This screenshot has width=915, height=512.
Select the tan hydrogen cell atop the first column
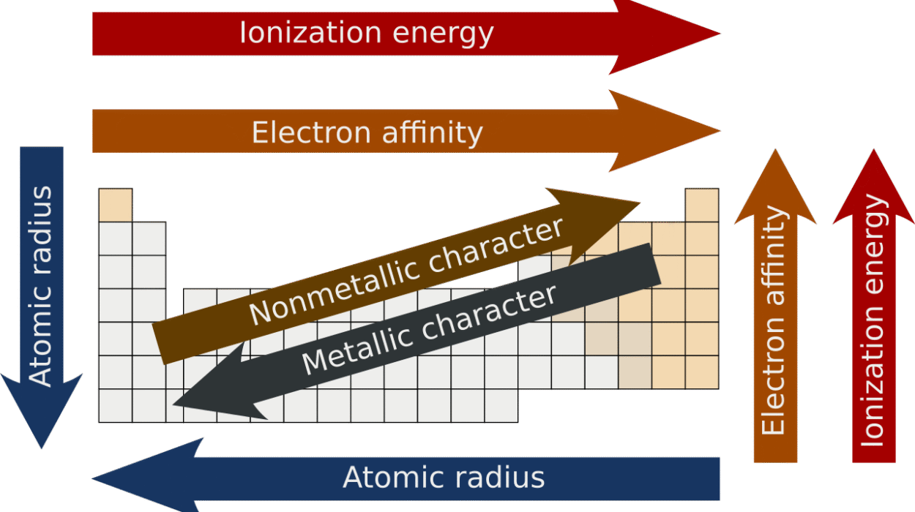(x=116, y=205)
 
